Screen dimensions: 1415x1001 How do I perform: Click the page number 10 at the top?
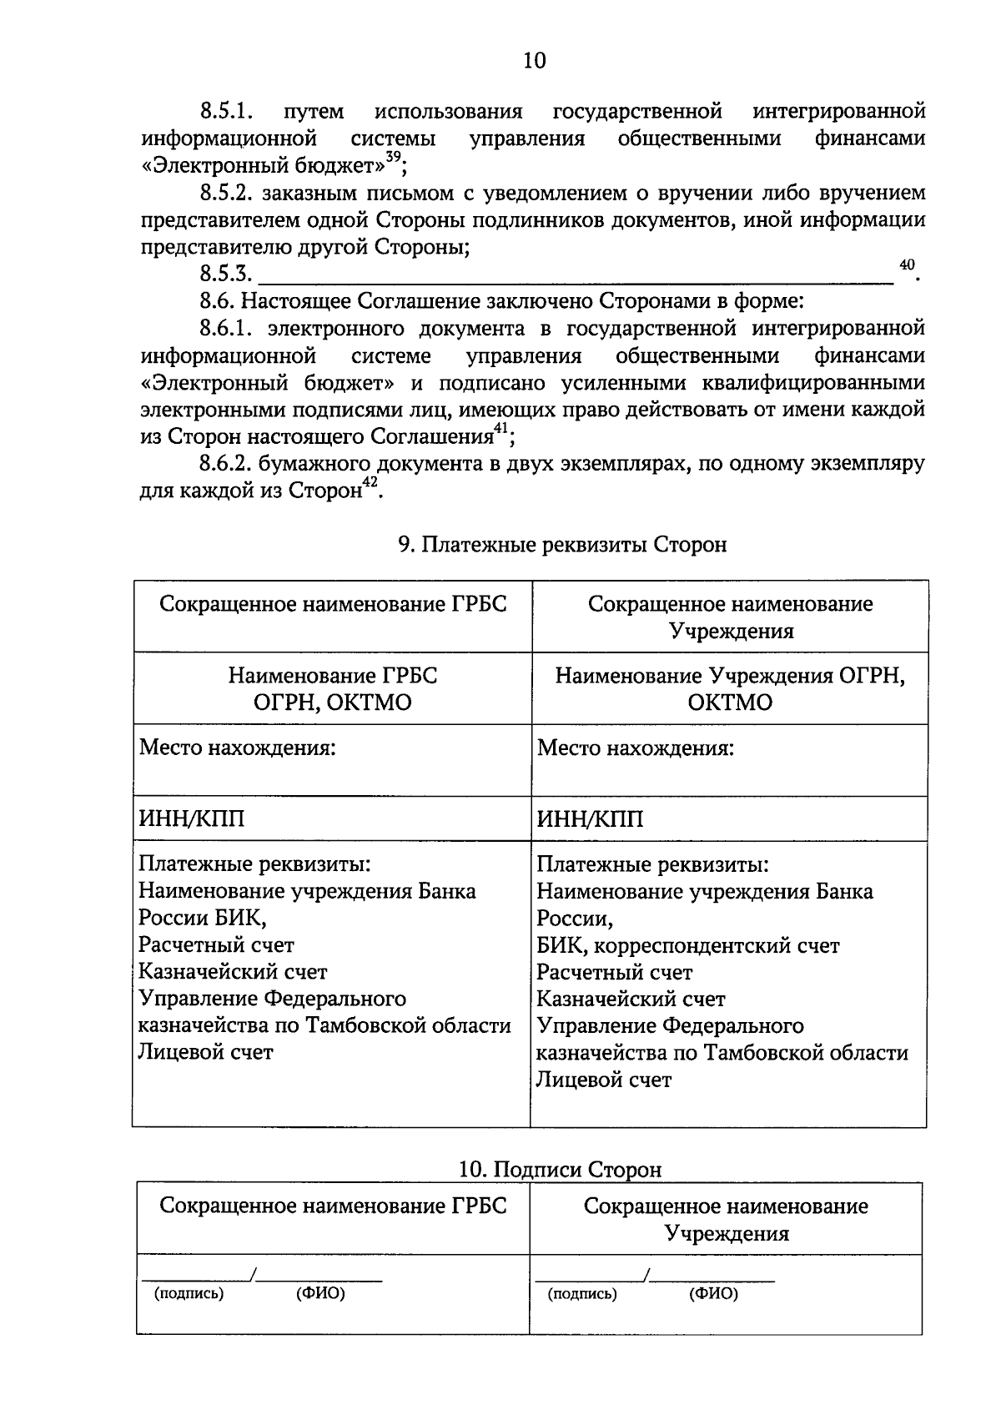click(x=534, y=60)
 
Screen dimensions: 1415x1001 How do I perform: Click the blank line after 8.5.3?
click(x=576, y=275)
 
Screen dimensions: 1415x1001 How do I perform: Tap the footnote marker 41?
click(x=500, y=429)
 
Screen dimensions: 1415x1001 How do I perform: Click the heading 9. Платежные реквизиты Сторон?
click(x=562, y=545)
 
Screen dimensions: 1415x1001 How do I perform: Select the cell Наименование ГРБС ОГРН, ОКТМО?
click(x=333, y=688)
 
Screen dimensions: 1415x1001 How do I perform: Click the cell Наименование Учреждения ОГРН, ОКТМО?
click(x=730, y=688)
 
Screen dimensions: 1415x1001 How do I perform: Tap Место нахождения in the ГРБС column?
click(x=237, y=748)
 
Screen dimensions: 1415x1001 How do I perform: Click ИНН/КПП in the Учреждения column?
click(x=590, y=819)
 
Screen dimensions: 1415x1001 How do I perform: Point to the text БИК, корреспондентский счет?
click(x=687, y=945)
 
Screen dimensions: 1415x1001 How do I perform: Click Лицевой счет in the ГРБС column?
click(x=205, y=1052)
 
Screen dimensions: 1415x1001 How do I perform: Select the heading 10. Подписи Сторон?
click(x=560, y=1170)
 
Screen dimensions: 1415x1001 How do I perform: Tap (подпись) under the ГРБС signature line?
click(x=189, y=1294)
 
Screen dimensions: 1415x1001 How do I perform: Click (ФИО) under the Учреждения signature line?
click(x=713, y=1294)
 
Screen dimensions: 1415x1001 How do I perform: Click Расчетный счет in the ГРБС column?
click(x=216, y=945)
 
